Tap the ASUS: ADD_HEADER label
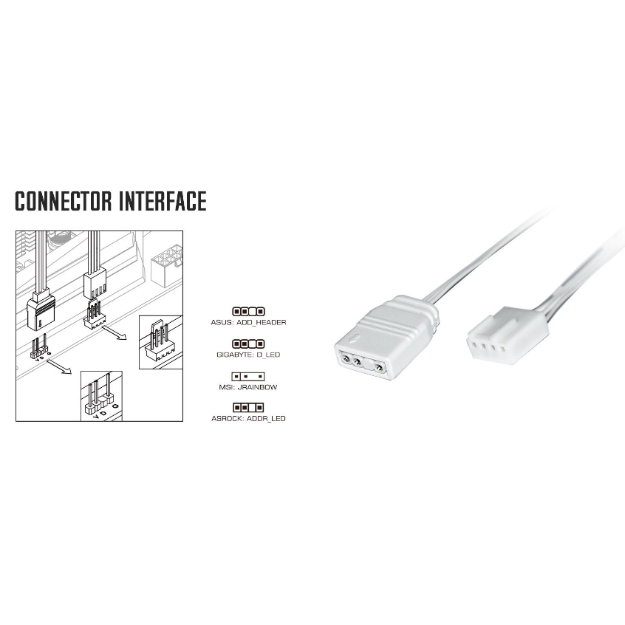[x=248, y=323]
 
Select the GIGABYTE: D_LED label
[x=248, y=355]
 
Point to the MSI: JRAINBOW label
[x=248, y=386]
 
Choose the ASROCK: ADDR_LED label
[x=248, y=418]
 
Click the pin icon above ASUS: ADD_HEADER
[x=248, y=312]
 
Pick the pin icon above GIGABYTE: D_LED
[x=248, y=344]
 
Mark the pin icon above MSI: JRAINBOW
[x=248, y=376]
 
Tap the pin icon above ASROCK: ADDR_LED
[x=248, y=408]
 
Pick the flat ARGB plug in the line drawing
[x=40, y=310]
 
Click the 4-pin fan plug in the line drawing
[x=94, y=284]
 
